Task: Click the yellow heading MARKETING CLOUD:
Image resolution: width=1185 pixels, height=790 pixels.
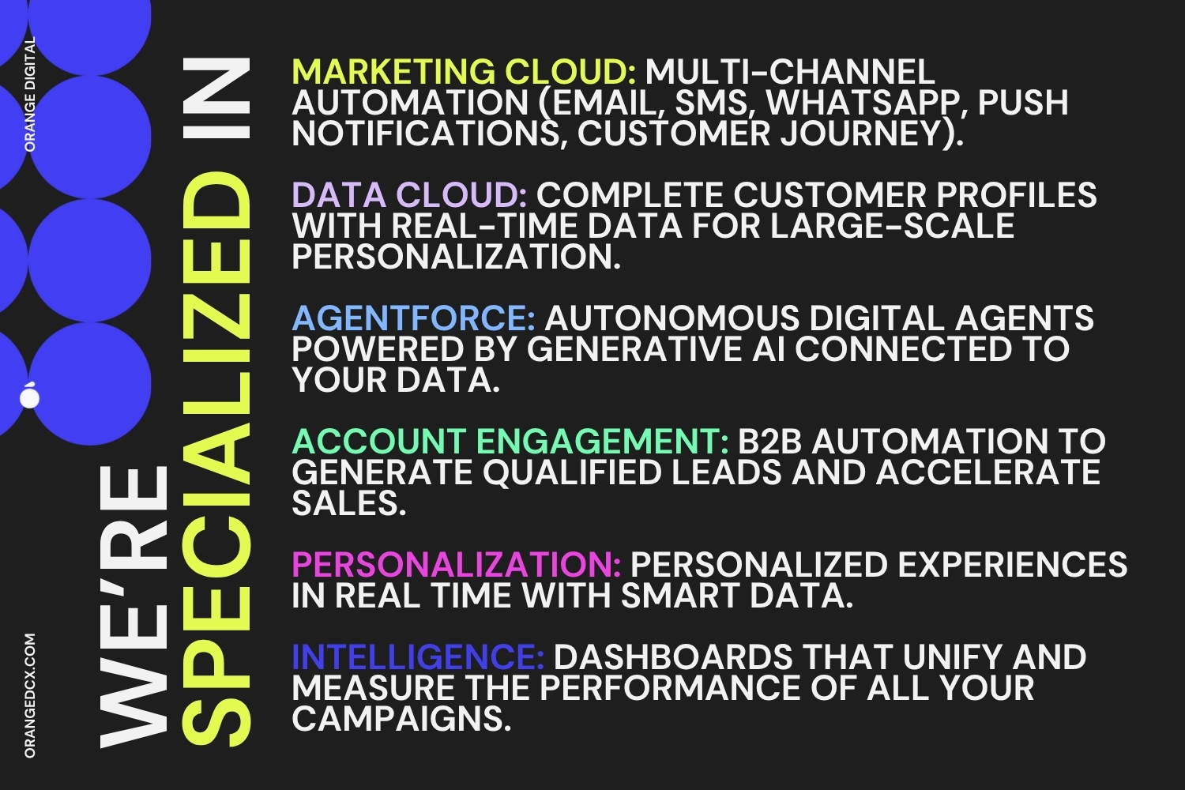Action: click(x=464, y=72)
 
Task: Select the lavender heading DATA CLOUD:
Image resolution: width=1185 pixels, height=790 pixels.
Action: click(x=409, y=195)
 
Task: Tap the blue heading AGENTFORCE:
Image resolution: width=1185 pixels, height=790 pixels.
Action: click(x=414, y=318)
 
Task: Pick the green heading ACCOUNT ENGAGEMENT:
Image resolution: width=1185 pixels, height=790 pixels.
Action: click(x=510, y=442)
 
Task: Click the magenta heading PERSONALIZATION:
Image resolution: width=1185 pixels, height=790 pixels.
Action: click(x=457, y=565)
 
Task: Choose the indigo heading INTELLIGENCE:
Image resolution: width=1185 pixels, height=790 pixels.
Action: click(x=418, y=657)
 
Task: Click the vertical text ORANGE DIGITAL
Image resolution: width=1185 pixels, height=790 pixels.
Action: click(x=30, y=94)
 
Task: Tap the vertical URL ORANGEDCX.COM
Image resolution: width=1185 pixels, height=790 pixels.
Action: click(x=30, y=695)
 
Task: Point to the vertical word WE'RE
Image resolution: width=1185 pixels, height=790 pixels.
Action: click(x=134, y=607)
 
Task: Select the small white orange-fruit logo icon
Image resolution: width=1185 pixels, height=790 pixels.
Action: click(x=30, y=395)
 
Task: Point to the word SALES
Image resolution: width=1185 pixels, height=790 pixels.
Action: click(x=349, y=503)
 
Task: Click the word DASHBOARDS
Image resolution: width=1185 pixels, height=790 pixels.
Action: click(x=673, y=657)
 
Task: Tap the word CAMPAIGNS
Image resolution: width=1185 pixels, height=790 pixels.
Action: click(x=401, y=719)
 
